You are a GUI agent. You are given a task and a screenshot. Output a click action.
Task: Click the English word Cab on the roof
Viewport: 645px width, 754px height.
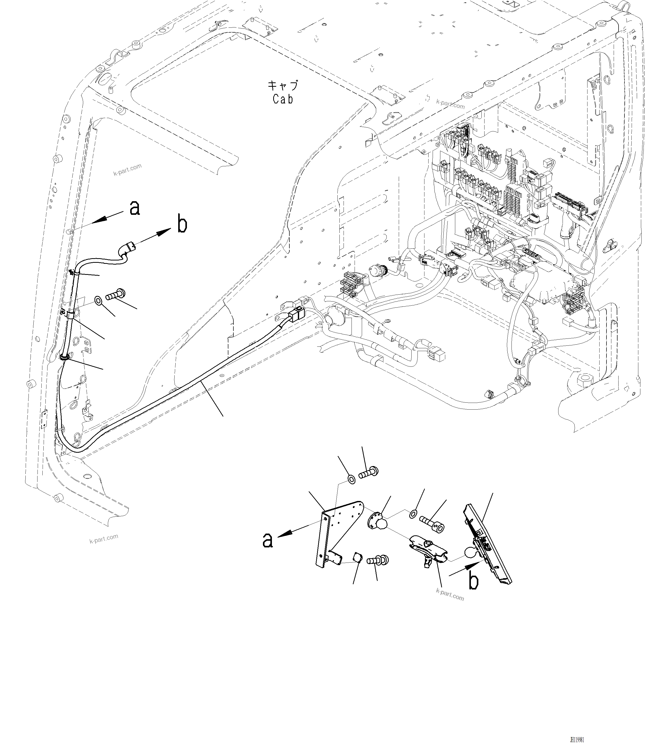[x=283, y=99]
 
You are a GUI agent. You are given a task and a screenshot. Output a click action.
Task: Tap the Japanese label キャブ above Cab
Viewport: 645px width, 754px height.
[x=283, y=86]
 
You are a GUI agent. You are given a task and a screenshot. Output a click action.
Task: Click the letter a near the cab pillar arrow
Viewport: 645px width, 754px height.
[x=135, y=208]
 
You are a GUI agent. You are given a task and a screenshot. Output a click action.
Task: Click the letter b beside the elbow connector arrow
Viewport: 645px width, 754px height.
[x=182, y=225]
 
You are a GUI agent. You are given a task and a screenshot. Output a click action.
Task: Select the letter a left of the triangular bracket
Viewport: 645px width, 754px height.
[x=268, y=550]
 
